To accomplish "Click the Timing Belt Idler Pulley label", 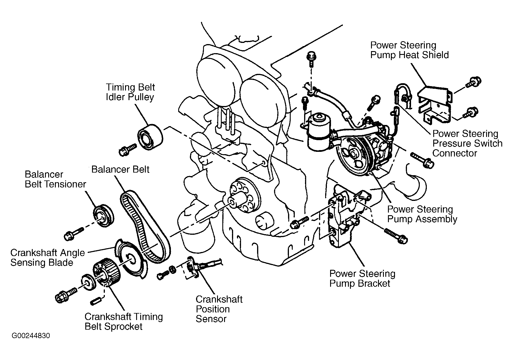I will point(130,92).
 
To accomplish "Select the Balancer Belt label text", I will point(120,169).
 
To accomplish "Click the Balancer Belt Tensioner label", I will point(55,179).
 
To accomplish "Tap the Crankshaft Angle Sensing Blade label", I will point(48,258).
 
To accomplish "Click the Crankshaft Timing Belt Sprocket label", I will point(124,321).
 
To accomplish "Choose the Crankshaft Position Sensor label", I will point(219,309).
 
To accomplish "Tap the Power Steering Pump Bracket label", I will point(362,279).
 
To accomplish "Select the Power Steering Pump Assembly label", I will point(422,214).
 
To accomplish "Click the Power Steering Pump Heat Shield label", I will point(409,50).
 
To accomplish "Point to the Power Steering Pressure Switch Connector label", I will point(467,143).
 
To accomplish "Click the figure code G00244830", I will point(31,336).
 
